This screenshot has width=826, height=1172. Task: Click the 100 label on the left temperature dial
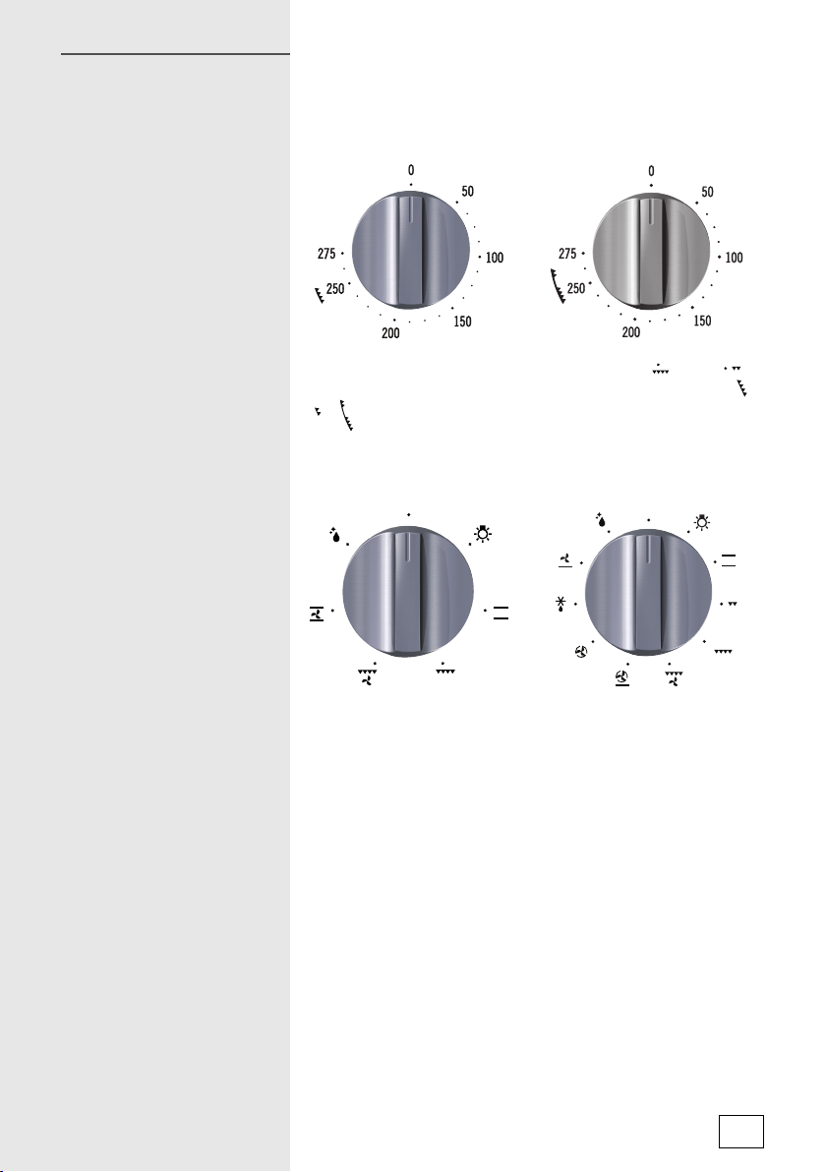tap(494, 258)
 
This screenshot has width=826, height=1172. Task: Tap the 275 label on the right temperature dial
tap(567, 254)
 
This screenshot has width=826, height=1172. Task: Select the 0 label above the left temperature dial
tap(410, 171)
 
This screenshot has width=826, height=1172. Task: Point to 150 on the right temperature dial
tap(702, 322)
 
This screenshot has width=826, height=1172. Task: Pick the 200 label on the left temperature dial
tap(390, 333)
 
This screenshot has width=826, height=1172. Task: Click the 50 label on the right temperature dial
tap(707, 192)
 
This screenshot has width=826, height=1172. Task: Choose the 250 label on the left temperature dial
tap(335, 288)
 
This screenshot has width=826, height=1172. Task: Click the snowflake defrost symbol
tap(560, 604)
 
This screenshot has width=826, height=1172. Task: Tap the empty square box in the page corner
tap(740, 1131)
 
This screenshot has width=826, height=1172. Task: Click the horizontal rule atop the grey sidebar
tap(175, 54)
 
